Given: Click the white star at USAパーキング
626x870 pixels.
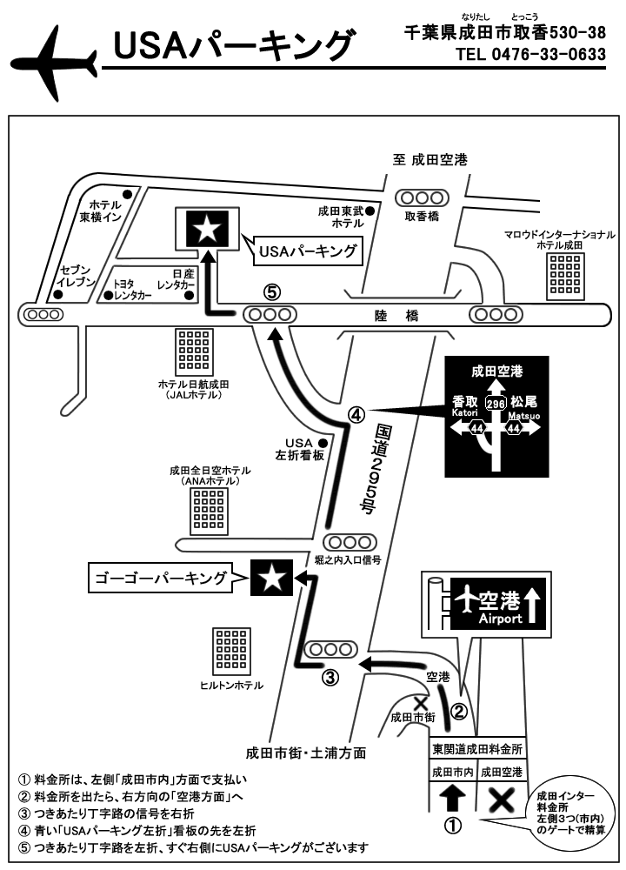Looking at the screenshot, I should (206, 229).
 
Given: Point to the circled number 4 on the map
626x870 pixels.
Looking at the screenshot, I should (356, 415).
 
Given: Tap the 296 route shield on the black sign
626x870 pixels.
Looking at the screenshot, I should (496, 404).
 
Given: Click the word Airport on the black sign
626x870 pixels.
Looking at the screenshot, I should (501, 619).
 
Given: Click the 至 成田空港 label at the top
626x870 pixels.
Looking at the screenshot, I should (430, 160).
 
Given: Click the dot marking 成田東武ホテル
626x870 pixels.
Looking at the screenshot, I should (370, 210).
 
